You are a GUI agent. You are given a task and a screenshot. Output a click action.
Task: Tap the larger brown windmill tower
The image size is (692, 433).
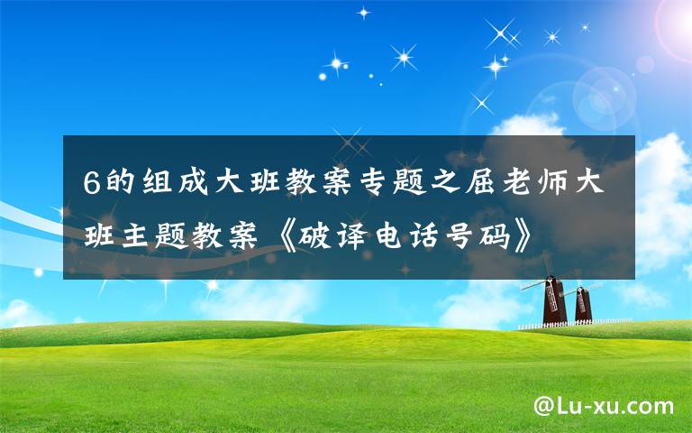(553, 302)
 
